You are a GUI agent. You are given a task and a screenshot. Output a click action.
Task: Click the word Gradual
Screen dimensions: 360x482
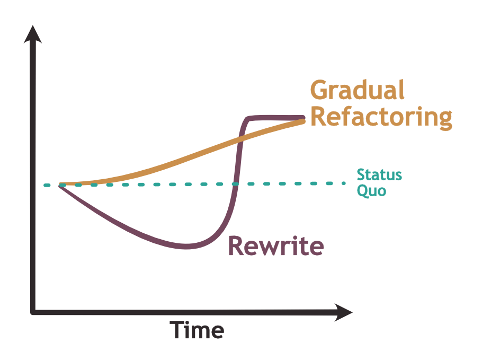click(358, 91)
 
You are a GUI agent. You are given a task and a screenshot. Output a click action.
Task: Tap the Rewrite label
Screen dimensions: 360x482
click(275, 246)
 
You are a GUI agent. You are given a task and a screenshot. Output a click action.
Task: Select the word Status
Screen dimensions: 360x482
click(379, 174)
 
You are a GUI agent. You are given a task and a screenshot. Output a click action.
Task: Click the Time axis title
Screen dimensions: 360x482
click(197, 330)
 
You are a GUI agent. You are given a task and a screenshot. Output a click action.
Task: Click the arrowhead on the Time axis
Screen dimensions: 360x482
click(343, 312)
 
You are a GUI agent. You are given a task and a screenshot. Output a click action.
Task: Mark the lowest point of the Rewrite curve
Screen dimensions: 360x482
click(185, 247)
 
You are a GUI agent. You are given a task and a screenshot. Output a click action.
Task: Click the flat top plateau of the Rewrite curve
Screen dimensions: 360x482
click(275, 117)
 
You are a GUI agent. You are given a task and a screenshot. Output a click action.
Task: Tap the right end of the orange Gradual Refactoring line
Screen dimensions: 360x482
click(304, 121)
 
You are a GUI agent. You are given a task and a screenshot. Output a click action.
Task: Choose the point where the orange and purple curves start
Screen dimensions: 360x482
click(60, 185)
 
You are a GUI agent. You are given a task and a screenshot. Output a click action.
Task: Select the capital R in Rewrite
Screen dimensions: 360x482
click(236, 246)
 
